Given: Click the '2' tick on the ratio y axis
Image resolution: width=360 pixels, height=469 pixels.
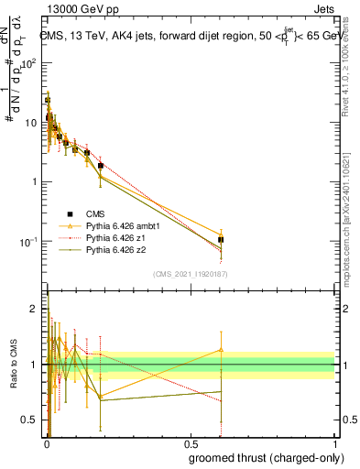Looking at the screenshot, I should (x=35, y=309).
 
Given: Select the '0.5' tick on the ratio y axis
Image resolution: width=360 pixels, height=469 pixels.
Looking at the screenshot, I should (x=30, y=420).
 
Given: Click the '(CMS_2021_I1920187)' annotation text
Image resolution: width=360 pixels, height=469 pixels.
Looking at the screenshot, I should (x=190, y=273).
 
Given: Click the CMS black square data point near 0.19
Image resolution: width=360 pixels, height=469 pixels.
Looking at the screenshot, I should (x=101, y=166).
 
